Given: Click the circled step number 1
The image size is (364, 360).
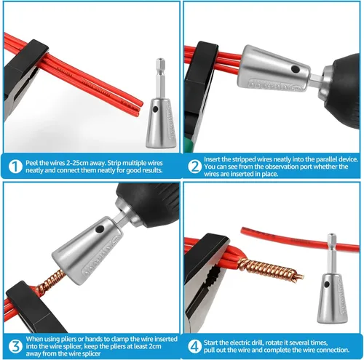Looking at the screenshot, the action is [x=15, y=167].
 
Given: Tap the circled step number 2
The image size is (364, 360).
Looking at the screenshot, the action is [x=194, y=167].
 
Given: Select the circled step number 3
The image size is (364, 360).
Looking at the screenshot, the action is [x=15, y=346].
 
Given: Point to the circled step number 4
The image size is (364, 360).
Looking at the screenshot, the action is [x=194, y=346].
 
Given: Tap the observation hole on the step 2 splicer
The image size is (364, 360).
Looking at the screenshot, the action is [x=295, y=70].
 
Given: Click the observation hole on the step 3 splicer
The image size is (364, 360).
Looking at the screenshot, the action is [x=100, y=229].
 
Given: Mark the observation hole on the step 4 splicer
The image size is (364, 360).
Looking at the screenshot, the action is [x=327, y=284].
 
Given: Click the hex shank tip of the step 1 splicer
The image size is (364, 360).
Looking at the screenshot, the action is [x=160, y=60].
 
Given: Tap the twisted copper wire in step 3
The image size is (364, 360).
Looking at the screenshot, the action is [x=50, y=282].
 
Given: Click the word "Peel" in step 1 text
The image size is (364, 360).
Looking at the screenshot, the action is [x=31, y=163].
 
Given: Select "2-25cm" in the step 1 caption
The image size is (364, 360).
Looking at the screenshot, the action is [x=75, y=163].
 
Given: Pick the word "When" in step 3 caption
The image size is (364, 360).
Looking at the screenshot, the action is [x=35, y=339].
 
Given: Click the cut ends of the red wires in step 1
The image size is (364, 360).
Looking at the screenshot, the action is [x=141, y=108].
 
